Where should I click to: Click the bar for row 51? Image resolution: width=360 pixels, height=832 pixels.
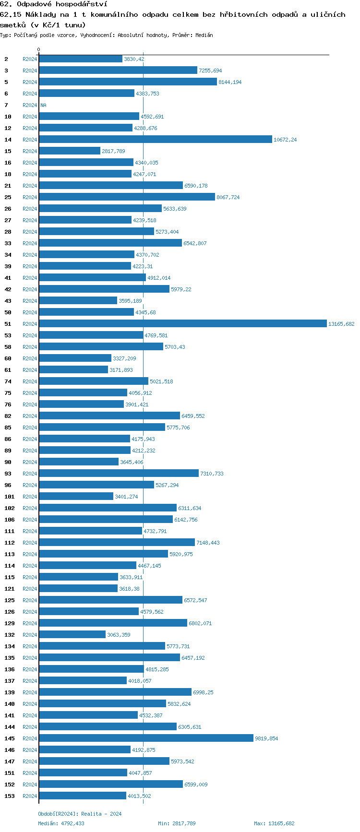point(182,324)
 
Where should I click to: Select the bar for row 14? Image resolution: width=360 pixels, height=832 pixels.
point(155,140)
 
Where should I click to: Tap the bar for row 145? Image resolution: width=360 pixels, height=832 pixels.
point(146,738)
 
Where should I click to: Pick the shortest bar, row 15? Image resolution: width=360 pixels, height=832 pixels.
point(70,151)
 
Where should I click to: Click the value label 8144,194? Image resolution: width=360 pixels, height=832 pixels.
point(230,82)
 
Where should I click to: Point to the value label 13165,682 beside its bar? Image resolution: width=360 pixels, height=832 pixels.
point(341,324)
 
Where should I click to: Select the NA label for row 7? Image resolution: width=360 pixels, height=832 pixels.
point(43,105)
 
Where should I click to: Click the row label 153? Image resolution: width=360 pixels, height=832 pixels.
point(10,796)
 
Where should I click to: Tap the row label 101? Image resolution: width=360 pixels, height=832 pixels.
point(10,497)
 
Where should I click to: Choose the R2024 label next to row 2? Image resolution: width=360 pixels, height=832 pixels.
point(30,59)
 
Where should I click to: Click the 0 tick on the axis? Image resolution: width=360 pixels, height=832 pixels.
point(39,49)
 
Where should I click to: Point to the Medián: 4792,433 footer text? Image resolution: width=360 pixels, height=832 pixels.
point(61,823)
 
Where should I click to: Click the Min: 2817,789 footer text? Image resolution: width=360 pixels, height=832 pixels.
point(177,823)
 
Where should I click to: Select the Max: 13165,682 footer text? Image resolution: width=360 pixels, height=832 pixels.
point(274,823)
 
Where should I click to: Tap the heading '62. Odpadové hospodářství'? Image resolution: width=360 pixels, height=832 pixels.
point(53,4)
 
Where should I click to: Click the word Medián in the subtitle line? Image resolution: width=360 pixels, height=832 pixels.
point(204,35)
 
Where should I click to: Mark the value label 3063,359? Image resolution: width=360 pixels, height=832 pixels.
point(119,635)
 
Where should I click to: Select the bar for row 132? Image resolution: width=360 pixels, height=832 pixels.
point(72,635)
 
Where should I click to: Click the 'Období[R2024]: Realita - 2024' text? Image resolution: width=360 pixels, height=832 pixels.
point(80,814)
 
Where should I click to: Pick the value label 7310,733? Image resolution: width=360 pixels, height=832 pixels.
point(212,474)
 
